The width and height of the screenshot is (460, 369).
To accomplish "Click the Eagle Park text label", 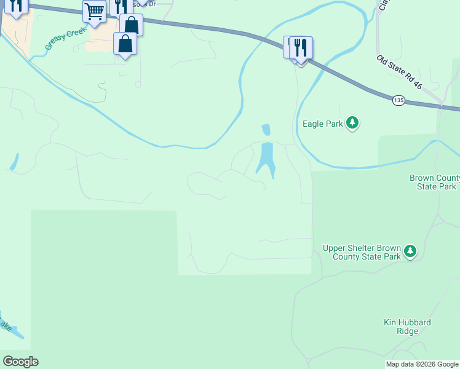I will coord(322,124).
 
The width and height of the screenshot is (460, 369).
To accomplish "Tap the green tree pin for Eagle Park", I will coord(352,124).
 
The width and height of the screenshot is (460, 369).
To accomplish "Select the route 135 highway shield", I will coord(399,100).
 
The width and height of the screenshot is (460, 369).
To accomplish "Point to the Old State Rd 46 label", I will coord(400,73).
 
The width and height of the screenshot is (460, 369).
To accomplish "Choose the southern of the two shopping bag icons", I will coord(125,44).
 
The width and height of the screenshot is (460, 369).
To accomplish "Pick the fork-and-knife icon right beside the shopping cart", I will coord(121,7).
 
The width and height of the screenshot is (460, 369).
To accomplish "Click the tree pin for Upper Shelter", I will coord(410,252).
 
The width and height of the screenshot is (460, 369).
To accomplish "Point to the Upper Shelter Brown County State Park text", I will coord(362,252).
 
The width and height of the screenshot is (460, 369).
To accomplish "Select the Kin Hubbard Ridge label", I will coord(406,327).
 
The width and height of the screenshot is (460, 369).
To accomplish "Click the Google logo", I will coord(20,362).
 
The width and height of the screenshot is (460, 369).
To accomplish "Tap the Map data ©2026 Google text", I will coord(422,364).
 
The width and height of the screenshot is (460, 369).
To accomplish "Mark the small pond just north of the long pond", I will coord(266,130).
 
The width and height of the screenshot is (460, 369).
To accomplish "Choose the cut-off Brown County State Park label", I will coord(434,182).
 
